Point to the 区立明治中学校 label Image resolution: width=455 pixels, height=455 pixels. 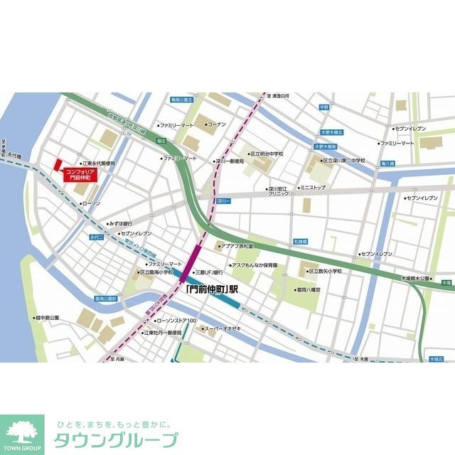coord(267,154)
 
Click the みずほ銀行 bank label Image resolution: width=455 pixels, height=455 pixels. coord(120,223)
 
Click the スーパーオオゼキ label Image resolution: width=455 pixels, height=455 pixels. coord(224,328)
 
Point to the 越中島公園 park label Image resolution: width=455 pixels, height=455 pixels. coord(47,318)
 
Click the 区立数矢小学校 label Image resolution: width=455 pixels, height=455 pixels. coord(325,271)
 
